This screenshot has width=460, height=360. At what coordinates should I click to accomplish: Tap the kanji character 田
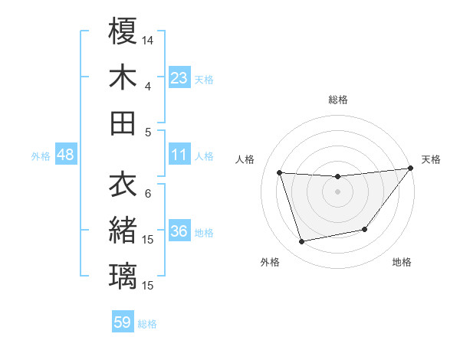click(123, 123)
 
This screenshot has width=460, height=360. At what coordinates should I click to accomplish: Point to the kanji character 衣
click(123, 185)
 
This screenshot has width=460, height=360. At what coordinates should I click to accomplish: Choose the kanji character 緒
click(123, 231)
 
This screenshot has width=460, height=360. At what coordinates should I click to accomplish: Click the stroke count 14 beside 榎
click(149, 39)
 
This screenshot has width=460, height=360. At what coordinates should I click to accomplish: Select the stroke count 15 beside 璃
click(149, 286)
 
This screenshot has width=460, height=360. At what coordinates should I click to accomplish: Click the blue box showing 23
click(179, 77)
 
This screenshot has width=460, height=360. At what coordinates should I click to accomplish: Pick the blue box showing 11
click(179, 155)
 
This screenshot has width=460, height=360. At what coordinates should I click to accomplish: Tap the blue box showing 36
click(179, 232)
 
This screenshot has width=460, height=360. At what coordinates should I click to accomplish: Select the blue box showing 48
click(66, 155)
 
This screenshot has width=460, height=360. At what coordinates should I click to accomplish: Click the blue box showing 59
click(123, 322)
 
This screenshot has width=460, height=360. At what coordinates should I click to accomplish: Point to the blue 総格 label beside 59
click(148, 324)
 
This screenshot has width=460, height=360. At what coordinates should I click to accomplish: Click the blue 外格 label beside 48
click(41, 156)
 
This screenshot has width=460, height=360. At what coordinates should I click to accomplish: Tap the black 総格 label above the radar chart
click(338, 100)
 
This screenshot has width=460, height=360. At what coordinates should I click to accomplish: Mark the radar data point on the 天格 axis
click(410, 169)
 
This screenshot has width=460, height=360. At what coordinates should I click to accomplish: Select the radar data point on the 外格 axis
click(302, 242)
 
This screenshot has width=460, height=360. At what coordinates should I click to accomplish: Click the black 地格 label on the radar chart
click(402, 262)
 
